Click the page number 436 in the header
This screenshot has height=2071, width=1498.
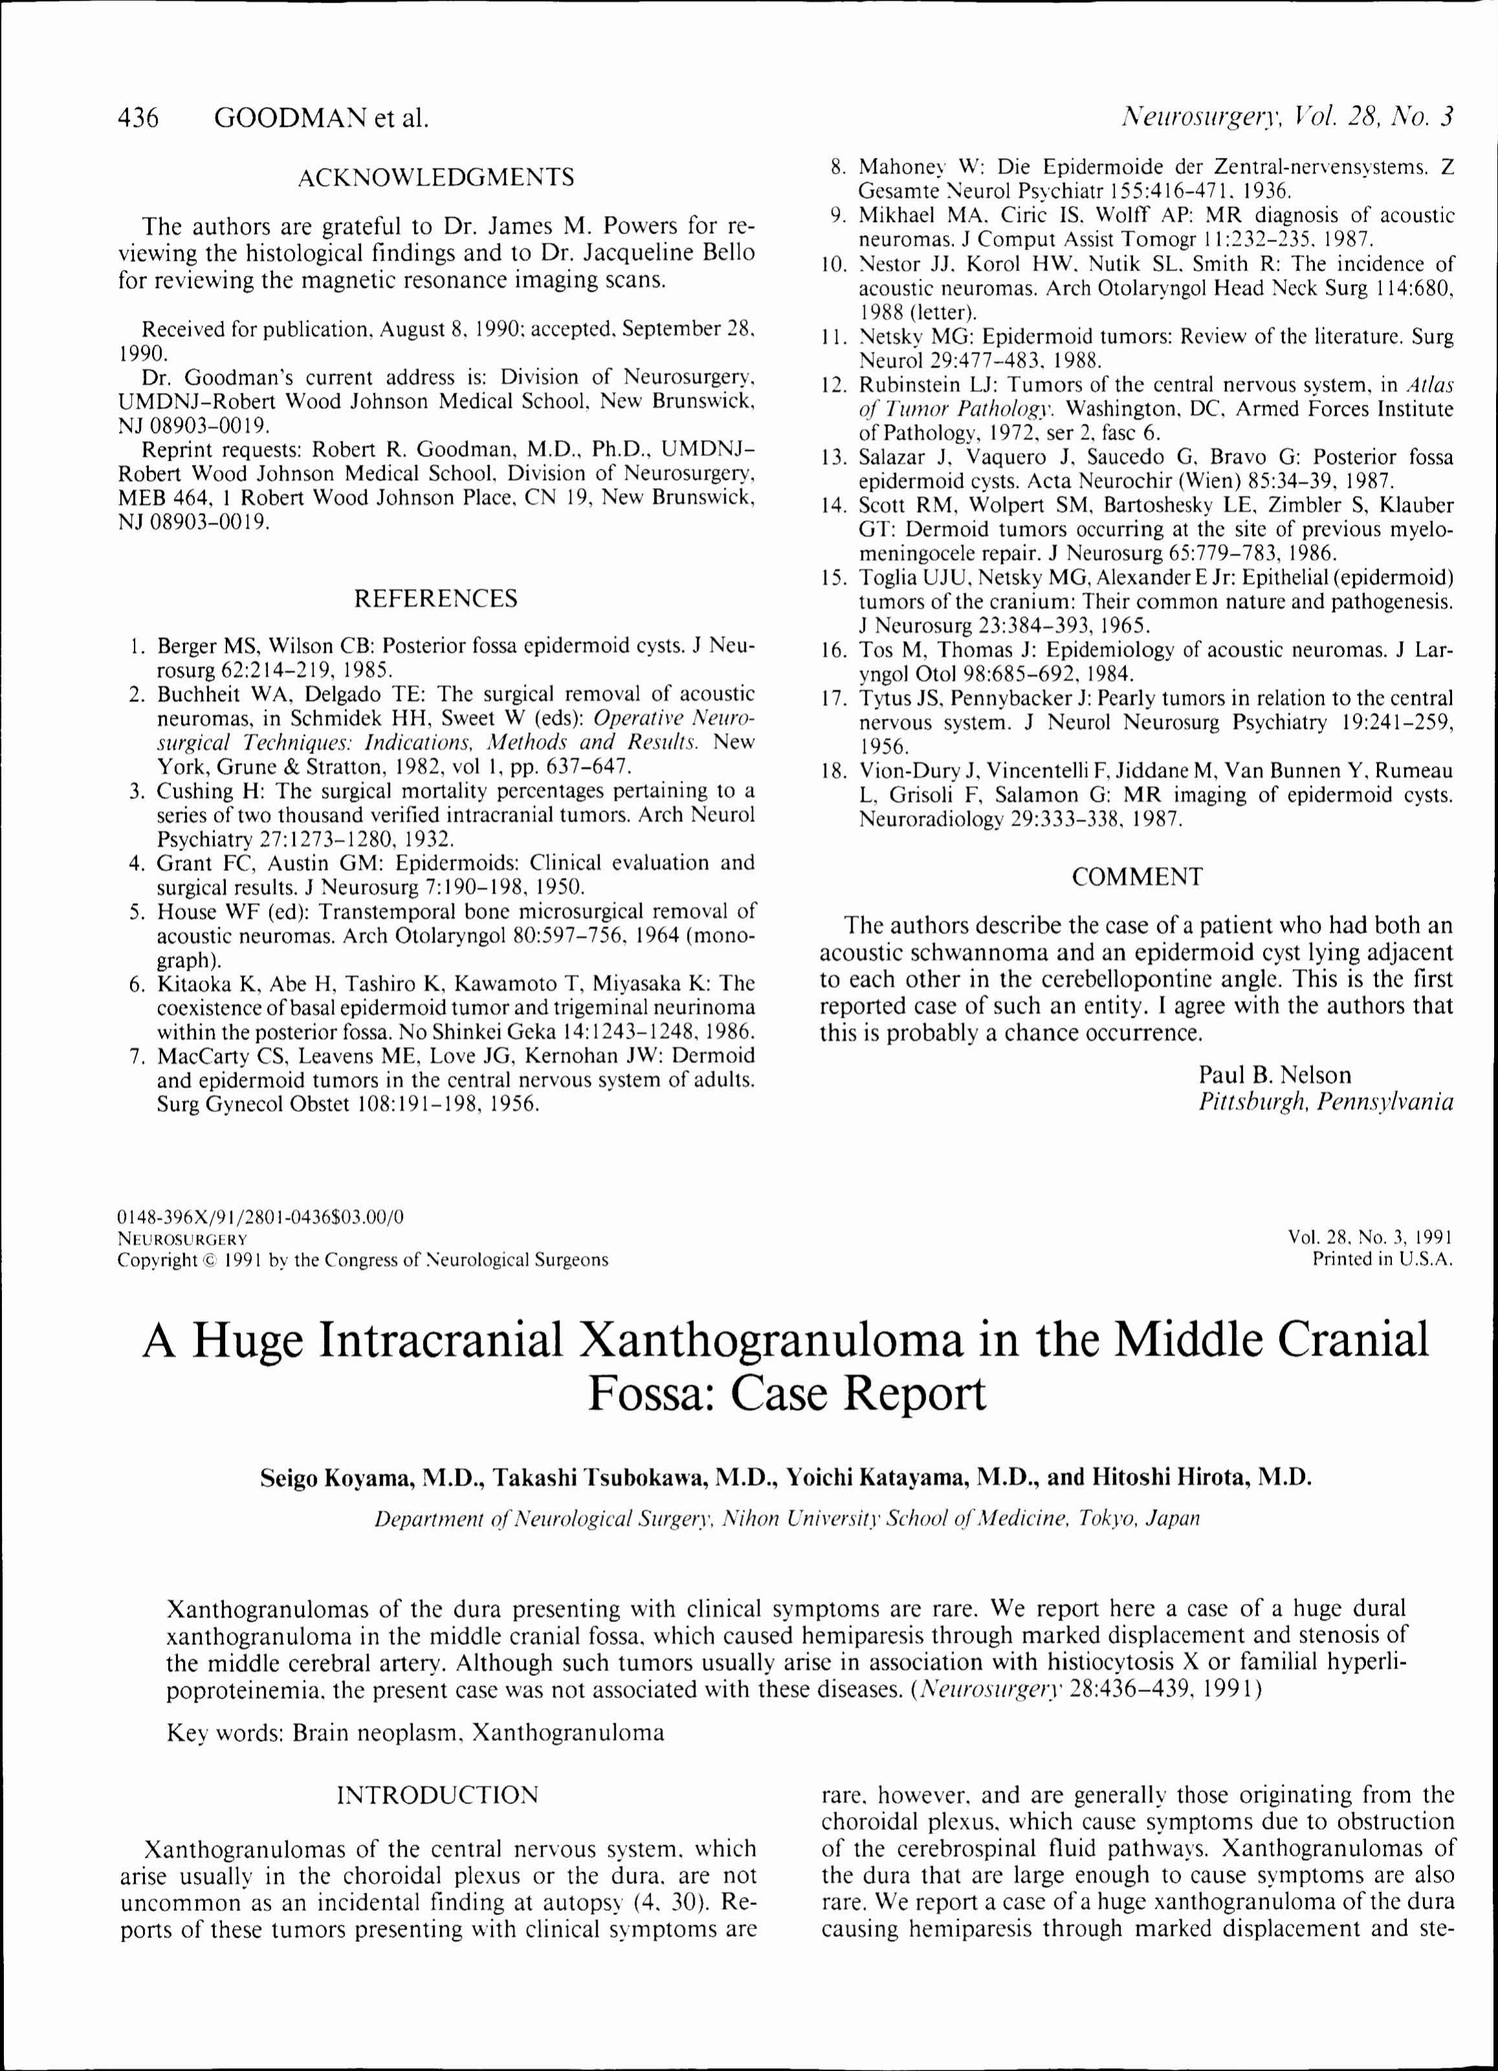[140, 118]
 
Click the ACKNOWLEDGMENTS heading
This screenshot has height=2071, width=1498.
[437, 177]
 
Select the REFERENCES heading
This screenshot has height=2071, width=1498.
[436, 598]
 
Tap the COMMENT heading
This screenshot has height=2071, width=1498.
[1137, 876]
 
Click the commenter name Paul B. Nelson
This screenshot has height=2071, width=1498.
[1274, 1075]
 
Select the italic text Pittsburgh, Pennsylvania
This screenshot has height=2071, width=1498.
[1325, 1102]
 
